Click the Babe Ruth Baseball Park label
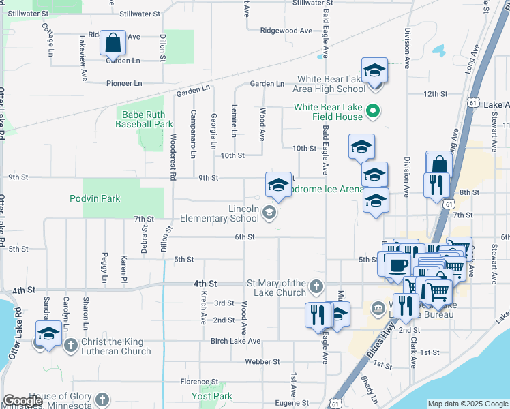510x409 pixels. click(x=144, y=119)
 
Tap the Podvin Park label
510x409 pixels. click(x=95, y=198)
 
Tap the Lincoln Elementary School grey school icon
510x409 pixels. click(x=269, y=213)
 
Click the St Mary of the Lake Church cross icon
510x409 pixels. click(x=316, y=285)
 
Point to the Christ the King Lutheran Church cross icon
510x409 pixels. click(x=71, y=344)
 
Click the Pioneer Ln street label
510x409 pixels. click(x=124, y=83)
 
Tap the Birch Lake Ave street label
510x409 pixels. click(x=236, y=341)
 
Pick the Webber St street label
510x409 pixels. click(x=262, y=361)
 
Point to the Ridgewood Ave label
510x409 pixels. click(x=286, y=31)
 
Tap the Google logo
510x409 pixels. click(x=22, y=401)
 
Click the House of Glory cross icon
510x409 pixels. click(x=102, y=399)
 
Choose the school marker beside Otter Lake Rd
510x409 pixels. click(x=48, y=334)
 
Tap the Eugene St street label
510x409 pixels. click(x=292, y=404)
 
